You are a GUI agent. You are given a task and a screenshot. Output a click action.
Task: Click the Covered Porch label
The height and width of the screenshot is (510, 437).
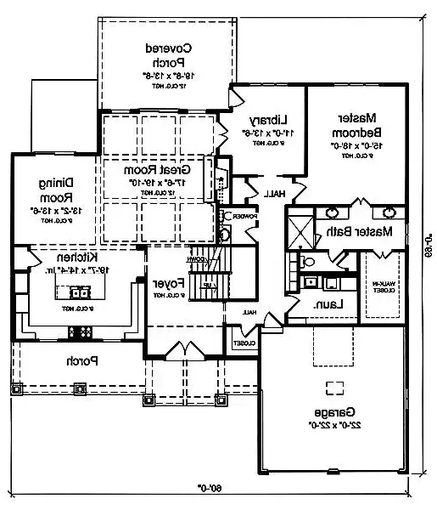(166, 54)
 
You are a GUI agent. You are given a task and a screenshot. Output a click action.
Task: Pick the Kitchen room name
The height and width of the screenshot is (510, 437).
(76, 258)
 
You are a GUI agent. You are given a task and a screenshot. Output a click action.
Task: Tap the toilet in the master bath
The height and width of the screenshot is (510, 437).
(308, 263)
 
